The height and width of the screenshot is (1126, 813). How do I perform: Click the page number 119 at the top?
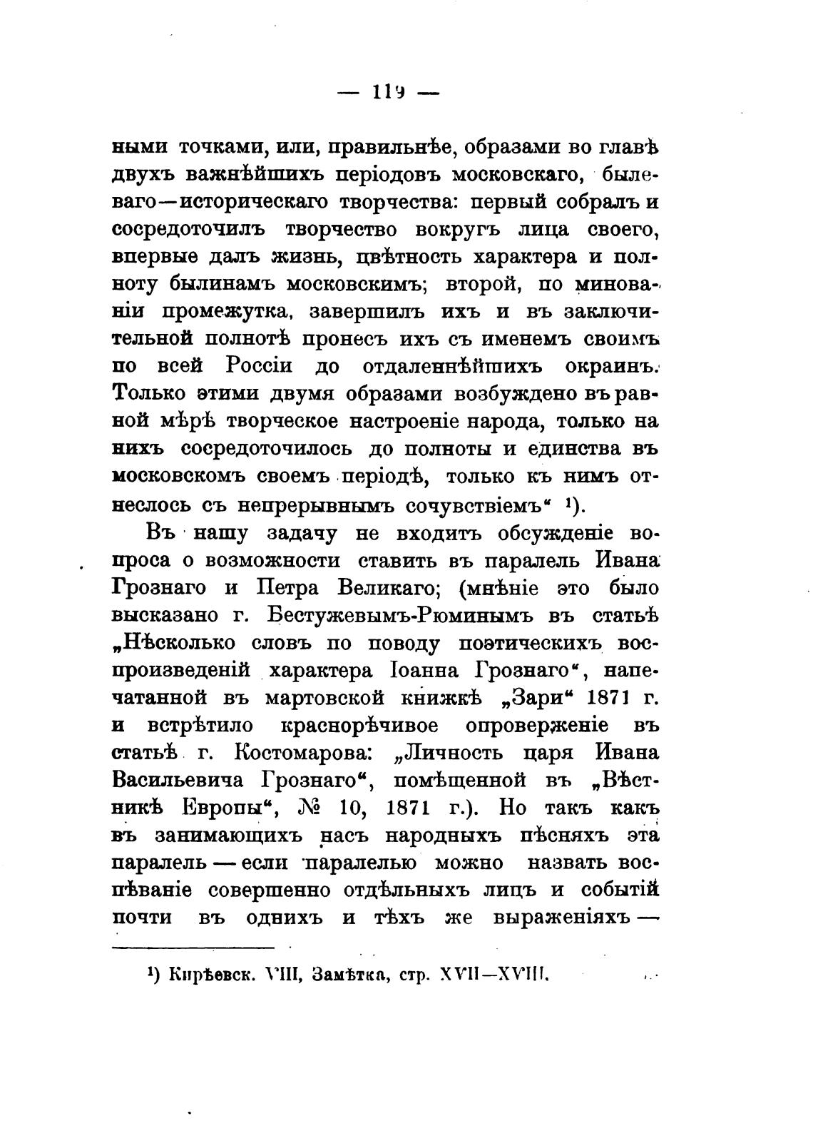click(x=389, y=92)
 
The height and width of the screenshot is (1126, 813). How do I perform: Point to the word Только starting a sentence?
click(x=153, y=394)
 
